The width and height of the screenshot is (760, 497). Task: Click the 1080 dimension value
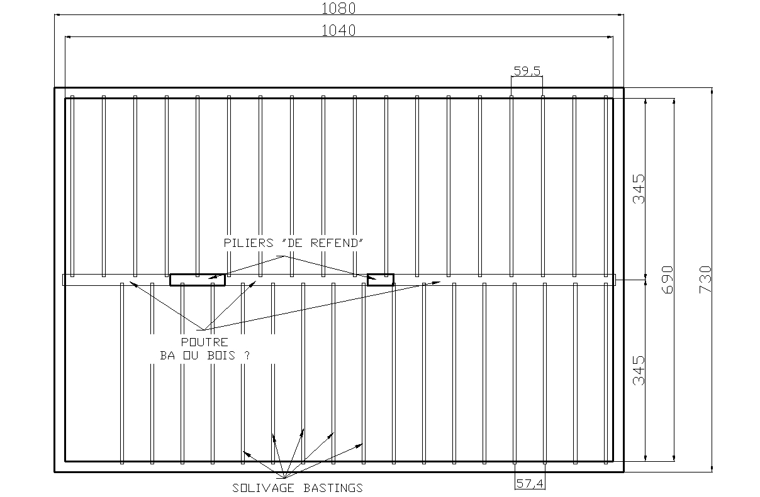(x=338, y=9)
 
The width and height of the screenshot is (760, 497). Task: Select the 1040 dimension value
(x=338, y=30)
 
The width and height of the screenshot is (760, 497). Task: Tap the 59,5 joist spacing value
(x=527, y=71)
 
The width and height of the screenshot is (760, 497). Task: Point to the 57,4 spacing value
(x=530, y=483)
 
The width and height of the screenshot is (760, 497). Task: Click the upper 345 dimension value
(x=639, y=188)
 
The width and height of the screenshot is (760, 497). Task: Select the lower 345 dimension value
(x=639, y=371)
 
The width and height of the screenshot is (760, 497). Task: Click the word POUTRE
(x=204, y=342)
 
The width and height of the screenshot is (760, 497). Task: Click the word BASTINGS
(x=333, y=488)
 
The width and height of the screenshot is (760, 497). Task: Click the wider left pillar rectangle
(x=198, y=280)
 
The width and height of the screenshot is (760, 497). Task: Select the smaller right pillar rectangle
(x=381, y=280)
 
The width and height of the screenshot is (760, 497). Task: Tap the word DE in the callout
(x=303, y=243)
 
